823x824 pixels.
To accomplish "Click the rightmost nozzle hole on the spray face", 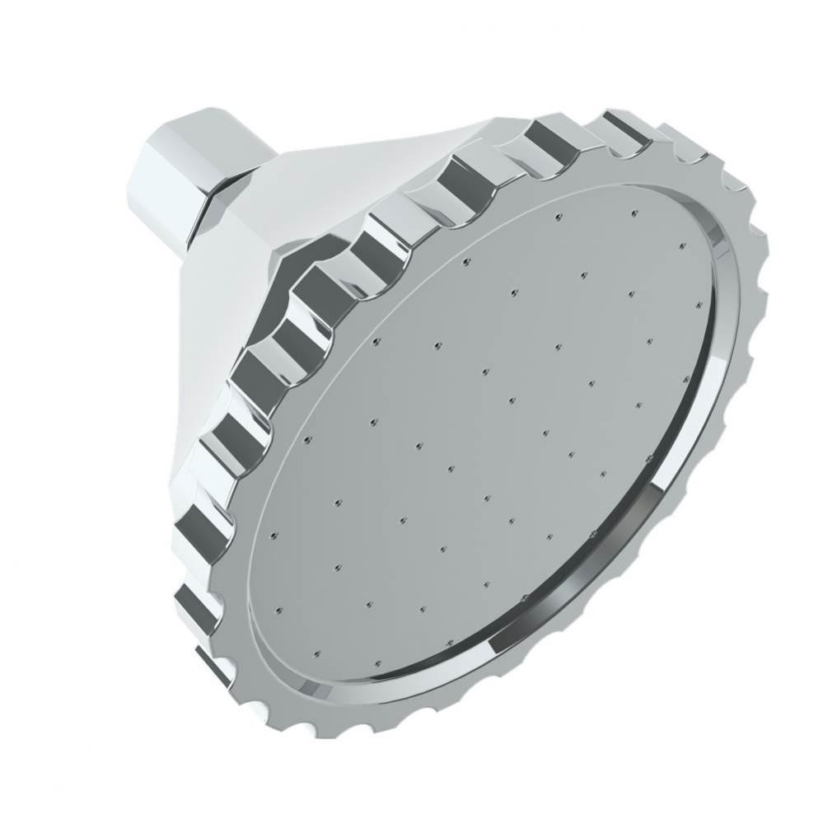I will pos(682,246).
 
